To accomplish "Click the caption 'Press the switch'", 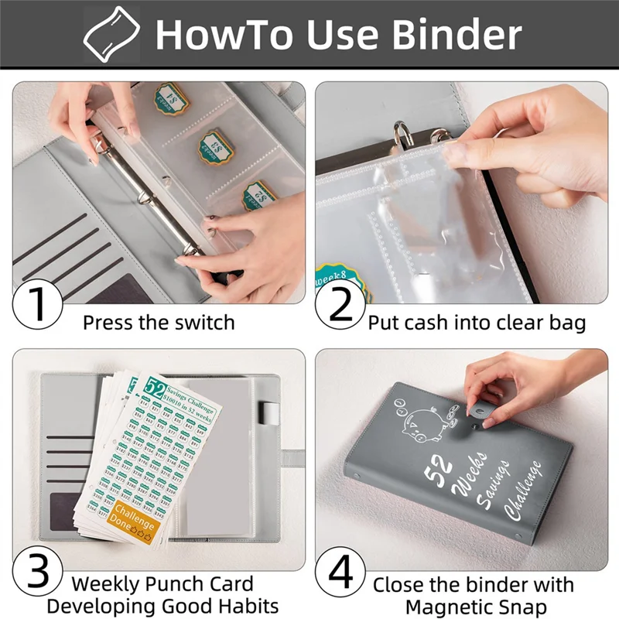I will (x=159, y=322).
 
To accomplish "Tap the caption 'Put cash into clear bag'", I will (x=477, y=322).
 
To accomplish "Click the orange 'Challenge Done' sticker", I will (x=135, y=519).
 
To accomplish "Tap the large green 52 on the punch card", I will (x=156, y=389).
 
